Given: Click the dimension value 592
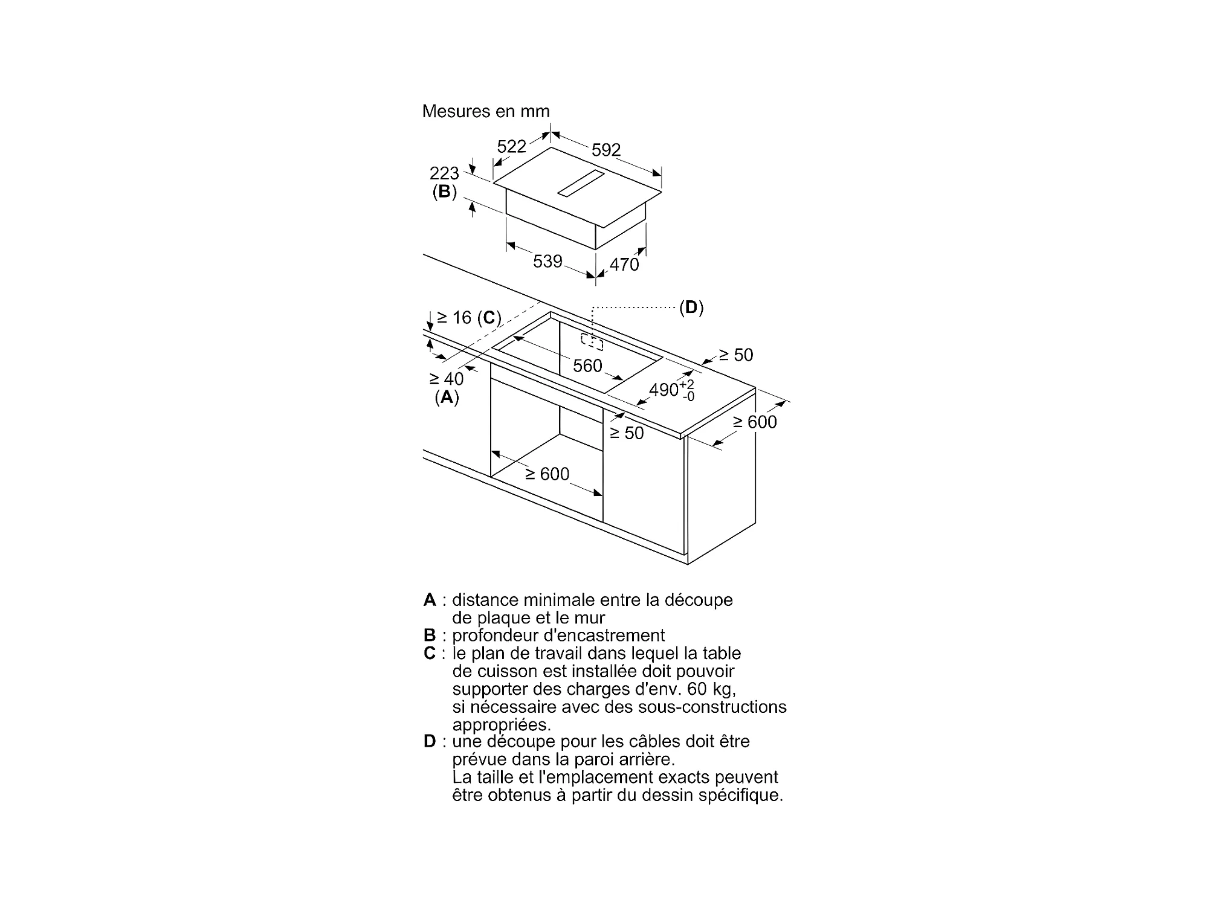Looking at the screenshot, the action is click(x=605, y=150).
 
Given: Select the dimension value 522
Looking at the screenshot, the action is click(x=511, y=147).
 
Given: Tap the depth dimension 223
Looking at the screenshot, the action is click(x=444, y=174).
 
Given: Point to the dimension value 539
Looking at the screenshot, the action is click(x=547, y=262).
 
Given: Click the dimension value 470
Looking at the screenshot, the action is click(x=624, y=265).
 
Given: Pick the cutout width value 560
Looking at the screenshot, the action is click(x=587, y=366).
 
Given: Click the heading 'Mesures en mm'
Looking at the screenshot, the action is click(x=486, y=112).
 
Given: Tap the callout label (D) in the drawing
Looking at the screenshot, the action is click(x=691, y=308).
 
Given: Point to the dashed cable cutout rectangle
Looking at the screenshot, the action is click(x=592, y=342).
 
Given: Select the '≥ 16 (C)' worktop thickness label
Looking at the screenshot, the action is click(x=469, y=318).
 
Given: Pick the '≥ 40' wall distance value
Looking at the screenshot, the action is click(x=447, y=379).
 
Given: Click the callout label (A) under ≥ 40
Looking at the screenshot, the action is click(x=447, y=398).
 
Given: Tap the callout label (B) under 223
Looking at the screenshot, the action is click(x=444, y=192).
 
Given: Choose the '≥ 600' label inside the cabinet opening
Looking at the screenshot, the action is click(x=547, y=474).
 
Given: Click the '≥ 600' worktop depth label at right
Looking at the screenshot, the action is click(x=755, y=422).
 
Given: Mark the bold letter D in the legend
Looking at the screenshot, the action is click(x=430, y=741).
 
